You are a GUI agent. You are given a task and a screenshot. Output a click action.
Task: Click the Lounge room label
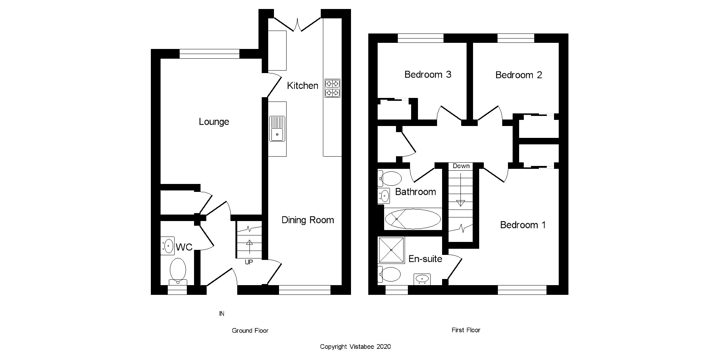214,122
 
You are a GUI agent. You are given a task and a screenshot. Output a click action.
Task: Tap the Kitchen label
302,86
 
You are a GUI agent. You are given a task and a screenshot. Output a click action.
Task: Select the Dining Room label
307,220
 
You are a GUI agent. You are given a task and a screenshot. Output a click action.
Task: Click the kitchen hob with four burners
332,88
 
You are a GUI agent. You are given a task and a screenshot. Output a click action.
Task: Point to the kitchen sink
277,129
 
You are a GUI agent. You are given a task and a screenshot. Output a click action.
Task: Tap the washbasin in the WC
167,246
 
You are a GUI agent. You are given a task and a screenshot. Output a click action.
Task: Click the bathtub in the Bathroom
413,219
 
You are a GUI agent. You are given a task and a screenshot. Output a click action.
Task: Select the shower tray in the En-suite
391,250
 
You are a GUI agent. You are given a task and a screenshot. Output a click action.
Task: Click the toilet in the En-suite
390,275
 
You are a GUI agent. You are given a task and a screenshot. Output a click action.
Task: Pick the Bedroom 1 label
523,225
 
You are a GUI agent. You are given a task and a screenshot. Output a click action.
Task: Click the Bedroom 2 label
518,75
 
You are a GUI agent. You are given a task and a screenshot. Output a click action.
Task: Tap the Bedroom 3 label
428,75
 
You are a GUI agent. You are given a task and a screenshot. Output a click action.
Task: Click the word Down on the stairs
461,166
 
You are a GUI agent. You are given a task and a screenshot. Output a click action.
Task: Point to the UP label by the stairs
249,262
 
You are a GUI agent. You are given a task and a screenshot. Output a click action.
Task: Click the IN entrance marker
222,314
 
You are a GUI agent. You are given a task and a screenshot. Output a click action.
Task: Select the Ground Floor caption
250,330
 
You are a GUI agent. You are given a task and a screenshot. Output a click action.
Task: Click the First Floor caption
466,330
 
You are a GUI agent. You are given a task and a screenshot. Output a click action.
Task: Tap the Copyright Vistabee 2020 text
355,347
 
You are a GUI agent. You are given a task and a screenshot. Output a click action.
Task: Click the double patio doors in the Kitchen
297,24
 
